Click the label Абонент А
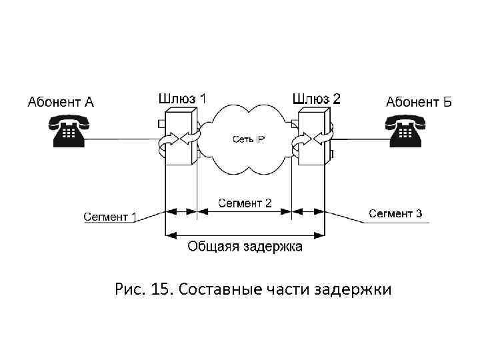click(61, 102)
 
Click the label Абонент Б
click(419, 102)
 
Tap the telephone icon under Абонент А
click(68, 130)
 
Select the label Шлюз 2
click(316, 98)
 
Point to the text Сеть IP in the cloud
click(248, 139)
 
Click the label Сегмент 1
click(110, 217)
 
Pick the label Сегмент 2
click(245, 203)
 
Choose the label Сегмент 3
click(395, 214)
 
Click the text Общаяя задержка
click(245, 247)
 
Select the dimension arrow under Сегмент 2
click(245, 212)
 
